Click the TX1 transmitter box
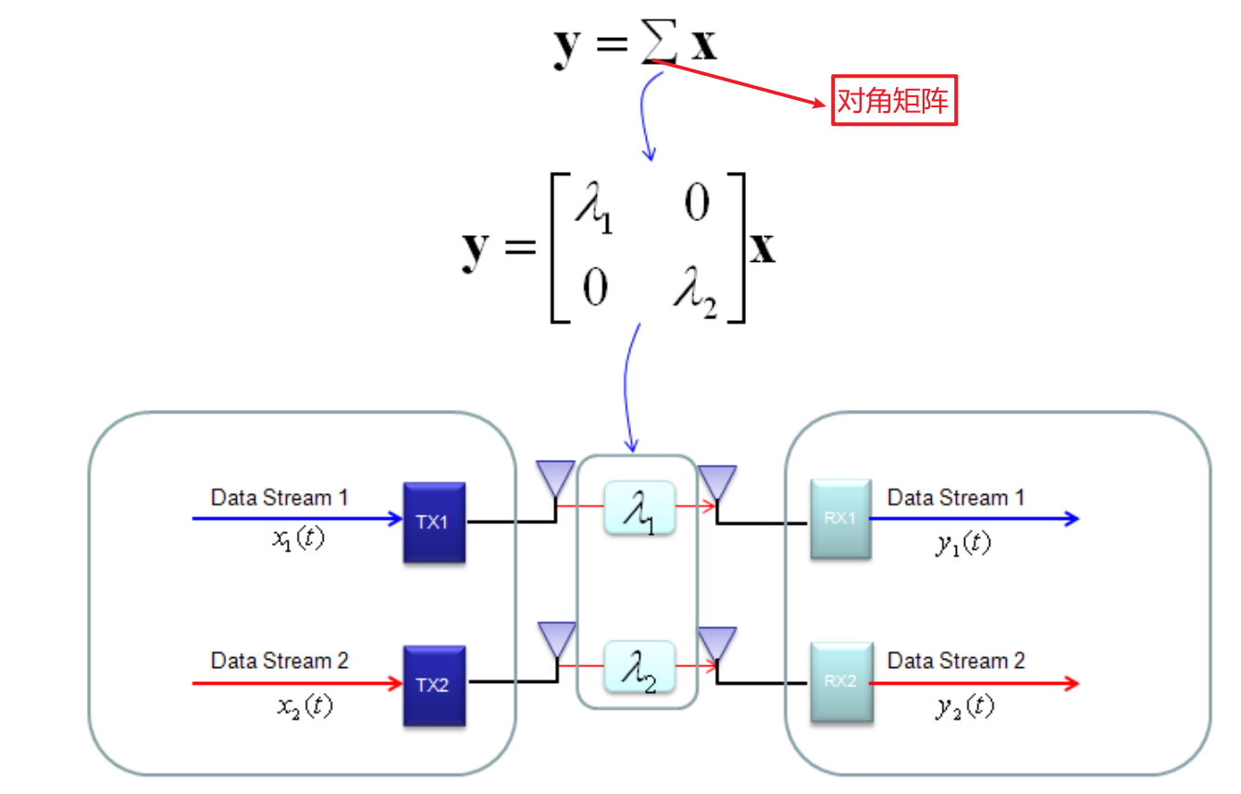point(434,522)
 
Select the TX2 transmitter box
point(434,686)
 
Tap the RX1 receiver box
point(840,519)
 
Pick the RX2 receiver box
point(840,683)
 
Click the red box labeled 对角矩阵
point(893,101)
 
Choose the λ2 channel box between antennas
point(639,668)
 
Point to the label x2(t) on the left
point(304,706)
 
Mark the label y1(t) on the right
point(962,543)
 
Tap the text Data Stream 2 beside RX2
point(956,661)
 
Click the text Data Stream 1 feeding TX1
point(279,498)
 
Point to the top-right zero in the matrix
point(696,204)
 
